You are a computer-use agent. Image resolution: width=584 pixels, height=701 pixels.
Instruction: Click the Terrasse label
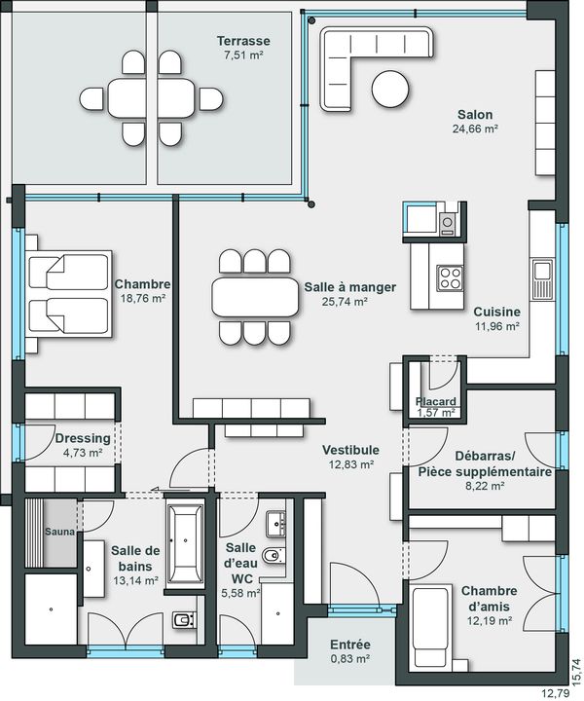pos(243,41)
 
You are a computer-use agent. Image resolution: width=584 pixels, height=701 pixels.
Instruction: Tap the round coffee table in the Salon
pos(390,89)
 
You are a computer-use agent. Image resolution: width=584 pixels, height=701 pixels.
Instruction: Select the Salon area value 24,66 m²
pos(475,129)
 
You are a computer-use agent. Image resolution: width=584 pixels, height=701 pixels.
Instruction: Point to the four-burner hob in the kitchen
pos(450,277)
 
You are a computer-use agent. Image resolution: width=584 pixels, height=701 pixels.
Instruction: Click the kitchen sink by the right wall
pos(542,279)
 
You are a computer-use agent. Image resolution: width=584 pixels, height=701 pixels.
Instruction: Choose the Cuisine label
pos(496,312)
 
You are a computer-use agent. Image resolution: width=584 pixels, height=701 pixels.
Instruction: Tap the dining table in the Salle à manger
pos(255,297)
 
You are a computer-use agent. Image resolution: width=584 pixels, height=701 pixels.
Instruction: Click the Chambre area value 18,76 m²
pos(143,298)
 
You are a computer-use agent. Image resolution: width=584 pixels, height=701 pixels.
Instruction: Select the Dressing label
pos(83,438)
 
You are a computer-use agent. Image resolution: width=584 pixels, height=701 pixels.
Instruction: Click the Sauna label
pos(60,532)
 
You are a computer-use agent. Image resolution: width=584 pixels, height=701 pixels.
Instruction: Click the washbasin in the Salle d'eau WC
pos(275,524)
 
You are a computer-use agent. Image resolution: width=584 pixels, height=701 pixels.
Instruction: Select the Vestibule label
pos(350,450)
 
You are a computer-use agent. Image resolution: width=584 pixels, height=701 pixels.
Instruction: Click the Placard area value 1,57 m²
pos(436,413)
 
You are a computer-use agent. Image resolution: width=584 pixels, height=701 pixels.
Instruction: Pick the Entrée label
pos(350,645)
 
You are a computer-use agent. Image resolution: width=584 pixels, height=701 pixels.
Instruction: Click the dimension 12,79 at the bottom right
pos(556,694)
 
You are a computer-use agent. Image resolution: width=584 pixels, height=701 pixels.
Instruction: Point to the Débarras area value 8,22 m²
pos(486,486)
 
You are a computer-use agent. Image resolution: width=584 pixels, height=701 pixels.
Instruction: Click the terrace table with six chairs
pos(152,98)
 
